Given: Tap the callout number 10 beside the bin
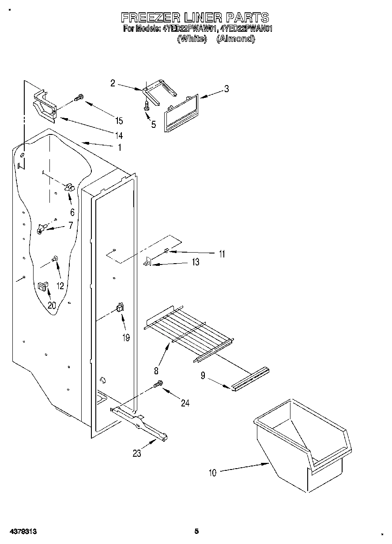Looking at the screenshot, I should click(213, 473).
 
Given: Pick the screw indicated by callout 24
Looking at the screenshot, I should click(158, 385).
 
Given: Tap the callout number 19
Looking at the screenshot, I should click(126, 338).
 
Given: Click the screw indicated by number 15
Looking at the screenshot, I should click(79, 98).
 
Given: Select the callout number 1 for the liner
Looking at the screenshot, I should click(119, 148).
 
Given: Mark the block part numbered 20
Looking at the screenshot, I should click(43, 287).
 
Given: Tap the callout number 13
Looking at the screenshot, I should click(195, 262).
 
